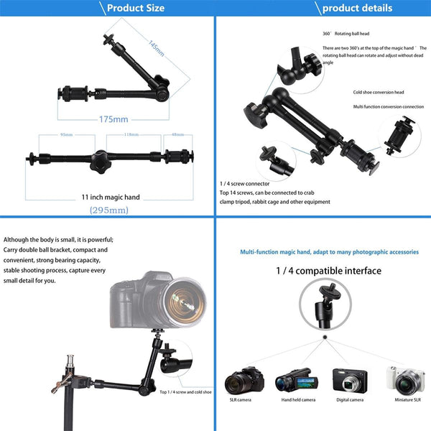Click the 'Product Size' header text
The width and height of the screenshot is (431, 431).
pyautogui.click(x=136, y=9)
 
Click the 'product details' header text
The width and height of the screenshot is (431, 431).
pyautogui.click(x=357, y=9)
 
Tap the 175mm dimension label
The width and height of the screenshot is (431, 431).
pyautogui.click(x=113, y=119)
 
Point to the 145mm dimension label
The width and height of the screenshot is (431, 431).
pyautogui.click(x=156, y=47)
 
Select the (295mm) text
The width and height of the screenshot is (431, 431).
pyautogui.click(x=109, y=210)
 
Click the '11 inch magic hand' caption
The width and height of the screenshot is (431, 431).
pyautogui.click(x=110, y=196)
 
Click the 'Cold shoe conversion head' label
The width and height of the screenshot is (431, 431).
pyautogui.click(x=378, y=92)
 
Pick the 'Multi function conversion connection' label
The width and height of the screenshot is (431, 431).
pyautogui.click(x=388, y=106)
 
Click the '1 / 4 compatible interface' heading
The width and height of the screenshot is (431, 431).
pyautogui.click(x=329, y=271)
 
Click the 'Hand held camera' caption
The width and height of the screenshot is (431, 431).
pyautogui.click(x=298, y=399)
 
